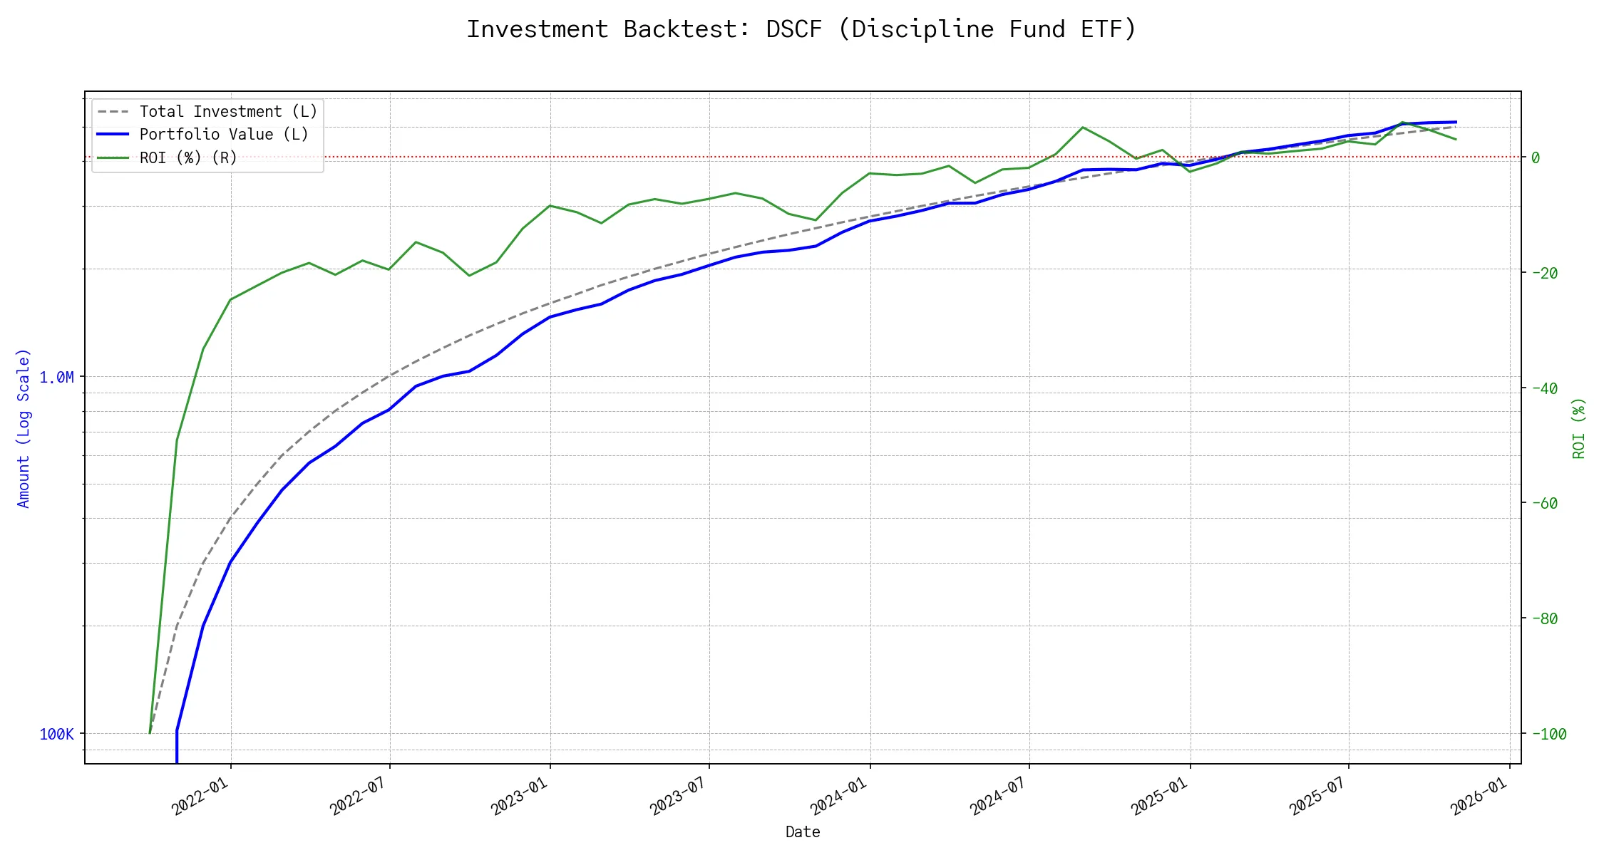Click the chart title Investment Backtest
801,29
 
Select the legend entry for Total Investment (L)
228,112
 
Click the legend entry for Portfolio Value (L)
223,135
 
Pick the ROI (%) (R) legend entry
187,157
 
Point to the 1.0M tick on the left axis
57,377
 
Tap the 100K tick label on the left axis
57,734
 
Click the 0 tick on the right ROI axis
1535,157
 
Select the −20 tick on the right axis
1544,273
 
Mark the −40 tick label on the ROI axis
1544,388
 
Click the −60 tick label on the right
1544,503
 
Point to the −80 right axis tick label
1544,618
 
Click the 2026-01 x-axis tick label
1479,795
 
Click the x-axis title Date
803,831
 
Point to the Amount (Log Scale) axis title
24,427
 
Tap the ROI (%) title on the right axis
1579,427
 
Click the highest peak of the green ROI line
1083,128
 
